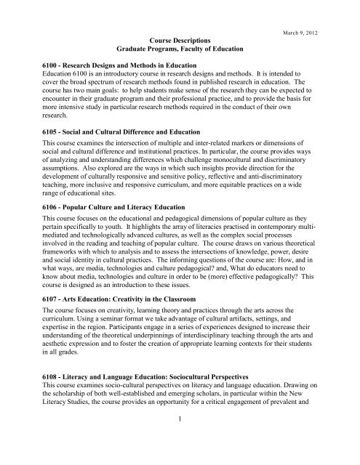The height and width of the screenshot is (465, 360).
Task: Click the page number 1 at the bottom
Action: tap(180, 448)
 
